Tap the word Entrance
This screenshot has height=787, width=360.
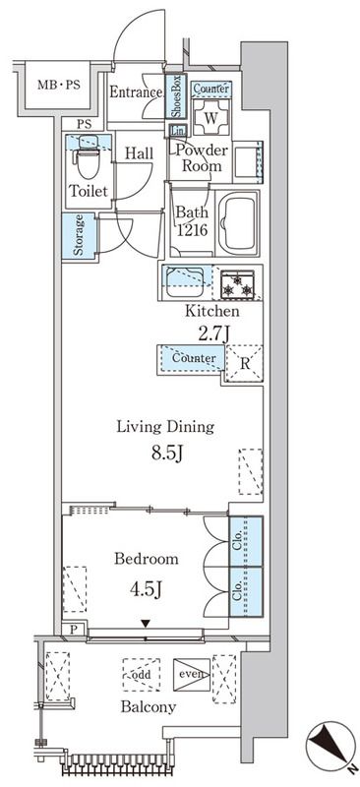pos(135,93)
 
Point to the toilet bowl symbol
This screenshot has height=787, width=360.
pos(86,156)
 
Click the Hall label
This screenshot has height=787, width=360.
pos(139,153)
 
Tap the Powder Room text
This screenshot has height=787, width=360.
pos(202,158)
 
